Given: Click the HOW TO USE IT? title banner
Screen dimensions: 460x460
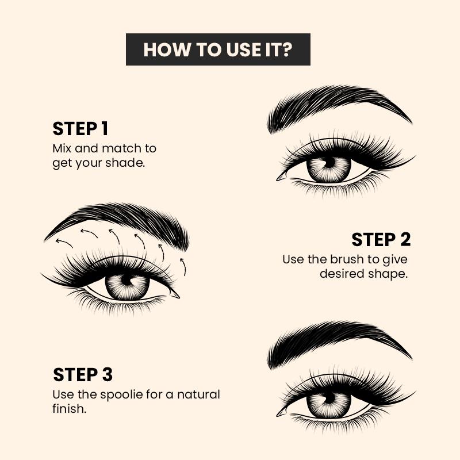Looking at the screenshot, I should pos(218,49).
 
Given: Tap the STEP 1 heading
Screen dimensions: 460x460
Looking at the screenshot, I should pos(80,129).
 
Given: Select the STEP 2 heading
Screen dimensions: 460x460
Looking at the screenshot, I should pos(381,240).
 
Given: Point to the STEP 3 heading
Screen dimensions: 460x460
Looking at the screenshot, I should pos(83,375).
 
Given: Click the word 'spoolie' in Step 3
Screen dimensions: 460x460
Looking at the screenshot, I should pos(124,396).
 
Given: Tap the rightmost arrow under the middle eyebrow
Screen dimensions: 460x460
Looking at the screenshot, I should pos(183,266).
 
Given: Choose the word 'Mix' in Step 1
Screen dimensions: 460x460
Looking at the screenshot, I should pos(61,148).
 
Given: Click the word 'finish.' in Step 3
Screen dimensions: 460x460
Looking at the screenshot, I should pos(68,410).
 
